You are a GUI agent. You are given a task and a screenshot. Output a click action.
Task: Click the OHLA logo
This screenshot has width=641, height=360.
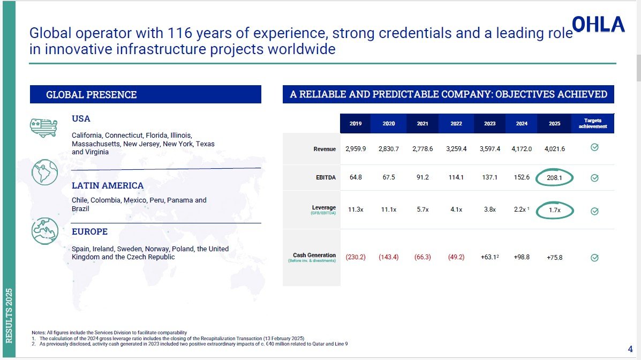point(598,25)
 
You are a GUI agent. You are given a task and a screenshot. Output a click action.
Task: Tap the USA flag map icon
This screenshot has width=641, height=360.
point(44,127)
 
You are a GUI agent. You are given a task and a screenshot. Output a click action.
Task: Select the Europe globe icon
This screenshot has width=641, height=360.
point(45,231)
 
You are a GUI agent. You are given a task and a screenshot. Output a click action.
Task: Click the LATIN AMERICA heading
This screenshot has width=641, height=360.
point(108,186)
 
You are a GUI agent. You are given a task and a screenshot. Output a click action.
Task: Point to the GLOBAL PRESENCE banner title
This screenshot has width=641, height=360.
point(91,94)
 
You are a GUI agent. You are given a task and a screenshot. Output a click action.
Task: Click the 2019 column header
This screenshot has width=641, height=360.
point(356,124)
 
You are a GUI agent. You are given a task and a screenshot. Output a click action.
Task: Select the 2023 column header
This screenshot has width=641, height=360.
point(490,124)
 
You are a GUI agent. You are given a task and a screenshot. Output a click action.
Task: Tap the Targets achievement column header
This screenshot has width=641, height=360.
point(593,124)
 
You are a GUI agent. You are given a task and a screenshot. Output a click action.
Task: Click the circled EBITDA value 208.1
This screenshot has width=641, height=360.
point(554,177)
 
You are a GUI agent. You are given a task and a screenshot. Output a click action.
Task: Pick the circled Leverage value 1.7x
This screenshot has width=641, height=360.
point(555,211)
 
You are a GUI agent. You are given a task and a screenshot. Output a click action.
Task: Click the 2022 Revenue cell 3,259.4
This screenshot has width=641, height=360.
point(456,149)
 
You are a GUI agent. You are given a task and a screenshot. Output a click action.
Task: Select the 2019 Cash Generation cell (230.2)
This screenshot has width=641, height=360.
point(356,257)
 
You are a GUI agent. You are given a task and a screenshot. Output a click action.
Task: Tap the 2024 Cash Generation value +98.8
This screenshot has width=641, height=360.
point(522,257)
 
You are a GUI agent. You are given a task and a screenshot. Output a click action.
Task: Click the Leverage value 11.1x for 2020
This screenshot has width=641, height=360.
point(389,209)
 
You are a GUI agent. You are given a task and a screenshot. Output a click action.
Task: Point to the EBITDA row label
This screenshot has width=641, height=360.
point(326,177)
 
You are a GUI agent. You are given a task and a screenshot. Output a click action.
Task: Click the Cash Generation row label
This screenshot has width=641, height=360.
point(314,256)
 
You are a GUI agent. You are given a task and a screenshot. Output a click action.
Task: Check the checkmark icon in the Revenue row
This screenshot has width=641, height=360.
point(595,147)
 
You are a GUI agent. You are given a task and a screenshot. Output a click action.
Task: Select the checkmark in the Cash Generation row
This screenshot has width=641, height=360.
point(595,258)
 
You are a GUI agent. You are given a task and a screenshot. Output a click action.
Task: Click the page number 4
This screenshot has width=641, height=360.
point(630,349)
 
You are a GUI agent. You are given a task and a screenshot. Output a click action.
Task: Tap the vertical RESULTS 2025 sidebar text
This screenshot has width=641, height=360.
point(9,316)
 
